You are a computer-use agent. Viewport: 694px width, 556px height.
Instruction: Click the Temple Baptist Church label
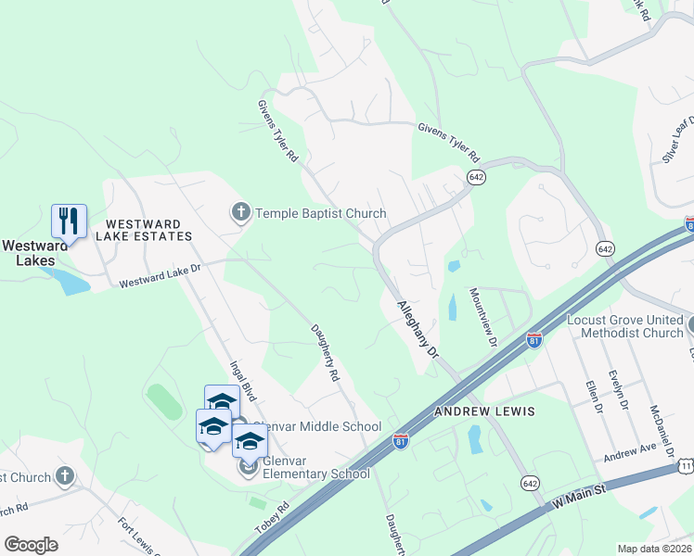pyautogui.click(x=321, y=214)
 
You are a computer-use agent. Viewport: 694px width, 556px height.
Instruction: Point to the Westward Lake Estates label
pyautogui.click(x=148, y=230)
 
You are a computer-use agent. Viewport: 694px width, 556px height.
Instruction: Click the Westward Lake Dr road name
pyautogui.click(x=161, y=275)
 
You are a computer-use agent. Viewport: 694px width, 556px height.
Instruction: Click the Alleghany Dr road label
pyautogui.click(x=417, y=330)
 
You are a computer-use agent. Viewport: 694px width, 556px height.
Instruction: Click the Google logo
pyautogui.click(x=31, y=545)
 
